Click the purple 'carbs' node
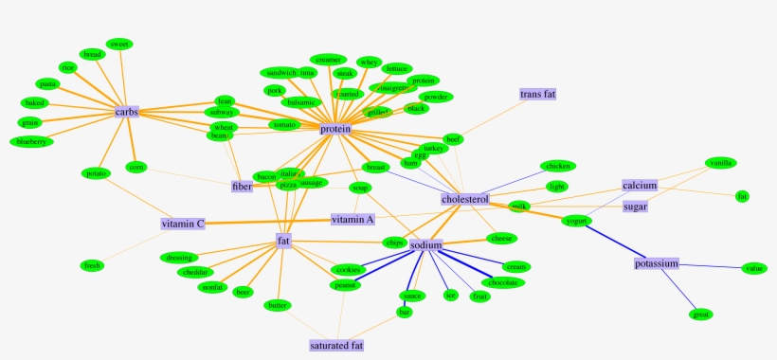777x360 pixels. [x=127, y=112]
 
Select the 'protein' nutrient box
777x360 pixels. [x=335, y=129]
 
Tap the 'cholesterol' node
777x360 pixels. [x=464, y=200]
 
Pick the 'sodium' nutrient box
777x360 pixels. [x=426, y=245]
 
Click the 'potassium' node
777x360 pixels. [x=657, y=263]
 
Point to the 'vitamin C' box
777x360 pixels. [x=183, y=224]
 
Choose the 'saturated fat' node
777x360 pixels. [x=336, y=346]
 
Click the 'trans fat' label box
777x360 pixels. [x=537, y=95]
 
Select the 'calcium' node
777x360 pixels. [x=640, y=185]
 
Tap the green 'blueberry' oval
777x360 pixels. [x=31, y=142]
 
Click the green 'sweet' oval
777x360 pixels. [x=119, y=44]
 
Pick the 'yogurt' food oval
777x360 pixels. [x=576, y=221]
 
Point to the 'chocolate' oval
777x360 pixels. [x=502, y=282]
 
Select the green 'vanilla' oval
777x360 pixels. [x=719, y=163]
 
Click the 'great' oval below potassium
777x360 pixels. [x=701, y=314]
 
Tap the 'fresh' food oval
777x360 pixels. [x=93, y=265]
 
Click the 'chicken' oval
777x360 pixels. [x=557, y=166]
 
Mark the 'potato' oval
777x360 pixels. [x=97, y=173]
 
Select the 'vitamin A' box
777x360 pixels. [x=352, y=219]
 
